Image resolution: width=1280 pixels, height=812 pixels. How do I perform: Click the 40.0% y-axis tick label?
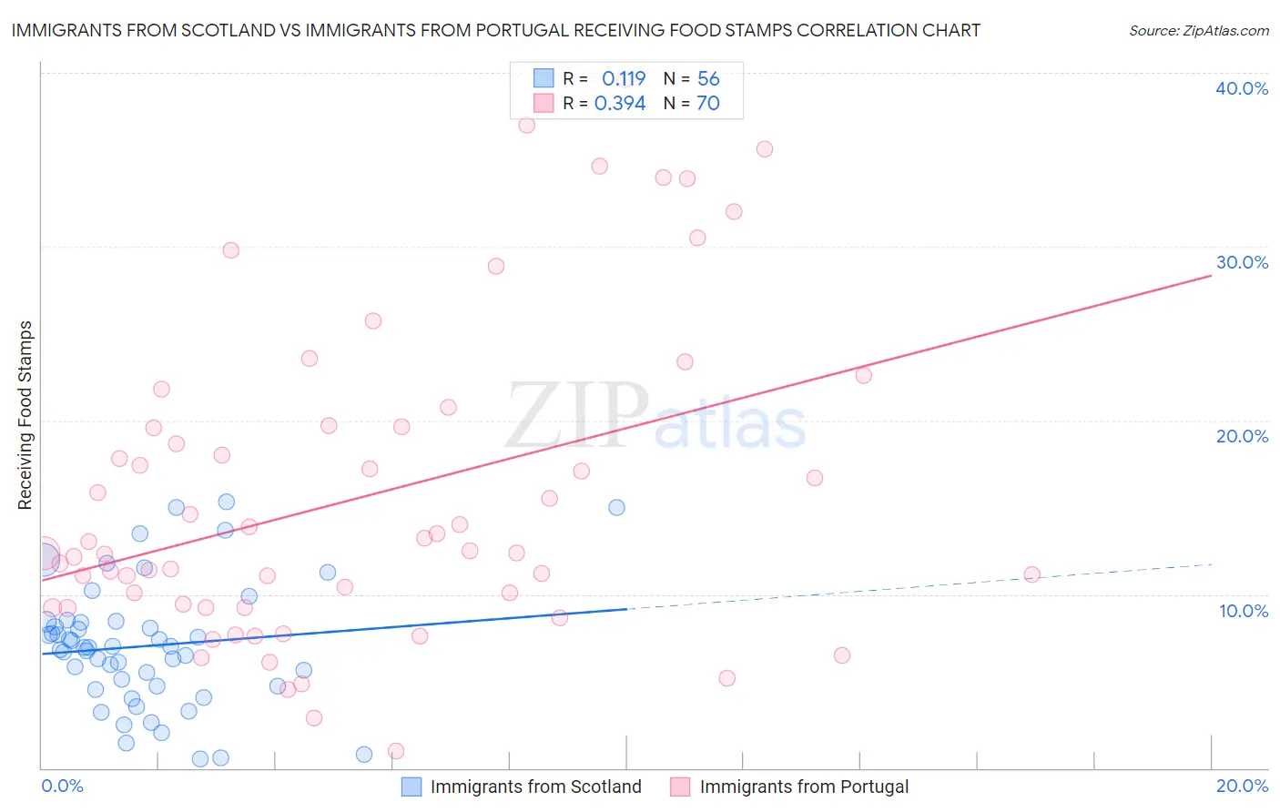1242,88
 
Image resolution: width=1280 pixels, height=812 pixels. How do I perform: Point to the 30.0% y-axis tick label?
1242,262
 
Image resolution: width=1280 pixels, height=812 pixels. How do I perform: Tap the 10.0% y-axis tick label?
1244,611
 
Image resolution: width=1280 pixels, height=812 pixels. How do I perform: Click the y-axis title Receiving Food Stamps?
25,415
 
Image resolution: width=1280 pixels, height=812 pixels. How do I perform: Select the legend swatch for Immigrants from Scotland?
411,787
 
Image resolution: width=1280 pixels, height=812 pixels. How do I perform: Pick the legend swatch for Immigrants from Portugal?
680,787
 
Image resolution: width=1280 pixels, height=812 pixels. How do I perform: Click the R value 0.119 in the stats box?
624,79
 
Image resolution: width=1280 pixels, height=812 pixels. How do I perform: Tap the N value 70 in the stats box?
707,104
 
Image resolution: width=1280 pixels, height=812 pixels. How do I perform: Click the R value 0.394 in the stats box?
620,104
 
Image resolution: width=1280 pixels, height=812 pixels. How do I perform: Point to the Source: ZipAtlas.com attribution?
1198,31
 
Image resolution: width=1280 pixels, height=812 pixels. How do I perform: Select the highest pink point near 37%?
526,125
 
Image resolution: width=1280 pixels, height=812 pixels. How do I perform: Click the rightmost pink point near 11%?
1031,574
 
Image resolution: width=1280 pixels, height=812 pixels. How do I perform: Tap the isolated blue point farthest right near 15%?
616,507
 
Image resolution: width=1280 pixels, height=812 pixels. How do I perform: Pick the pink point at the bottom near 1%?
396,751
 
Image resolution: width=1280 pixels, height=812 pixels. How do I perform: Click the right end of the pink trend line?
1211,274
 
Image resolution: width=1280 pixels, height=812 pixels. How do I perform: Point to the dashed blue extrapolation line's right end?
1211,564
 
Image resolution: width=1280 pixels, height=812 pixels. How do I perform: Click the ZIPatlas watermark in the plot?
655,417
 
